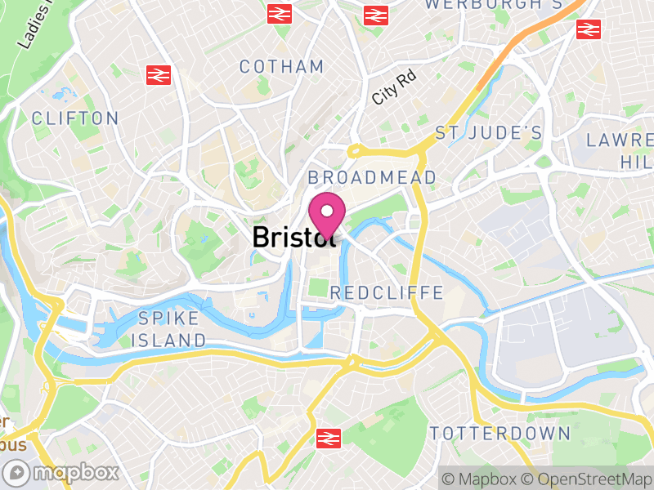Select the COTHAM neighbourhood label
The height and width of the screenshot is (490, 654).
point(282,67)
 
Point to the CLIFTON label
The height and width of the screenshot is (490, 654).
point(75,118)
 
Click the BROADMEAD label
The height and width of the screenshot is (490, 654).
point(372,177)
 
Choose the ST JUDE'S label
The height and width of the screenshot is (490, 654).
point(489,132)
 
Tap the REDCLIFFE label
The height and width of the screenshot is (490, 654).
point(387,292)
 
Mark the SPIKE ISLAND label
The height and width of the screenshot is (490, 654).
point(172,329)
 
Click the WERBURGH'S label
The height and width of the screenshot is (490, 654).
point(482,5)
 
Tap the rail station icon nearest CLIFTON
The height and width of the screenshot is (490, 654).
point(158,75)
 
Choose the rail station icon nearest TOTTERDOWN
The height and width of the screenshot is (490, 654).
point(329,439)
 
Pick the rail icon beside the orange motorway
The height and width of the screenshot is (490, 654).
point(588,29)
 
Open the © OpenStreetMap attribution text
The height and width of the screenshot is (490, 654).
point(585,479)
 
